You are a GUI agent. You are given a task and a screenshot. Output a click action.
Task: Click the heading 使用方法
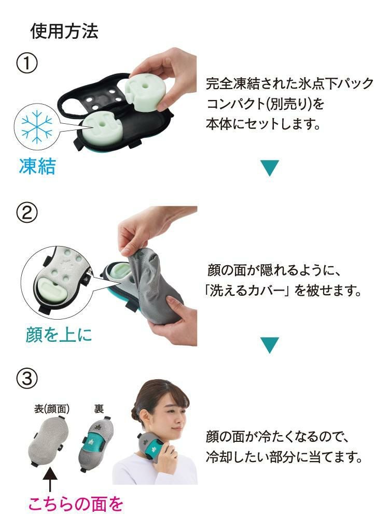pyautogui.click(x=64, y=32)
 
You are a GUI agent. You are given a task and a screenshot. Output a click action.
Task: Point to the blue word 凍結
pyautogui.click(x=37, y=167)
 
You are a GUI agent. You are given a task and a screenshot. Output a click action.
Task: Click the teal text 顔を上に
pyautogui.click(x=59, y=334)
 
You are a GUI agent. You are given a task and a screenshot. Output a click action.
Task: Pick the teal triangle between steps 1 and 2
pyautogui.click(x=270, y=167)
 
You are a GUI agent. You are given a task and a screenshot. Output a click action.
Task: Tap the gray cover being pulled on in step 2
pyautogui.click(x=156, y=280)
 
